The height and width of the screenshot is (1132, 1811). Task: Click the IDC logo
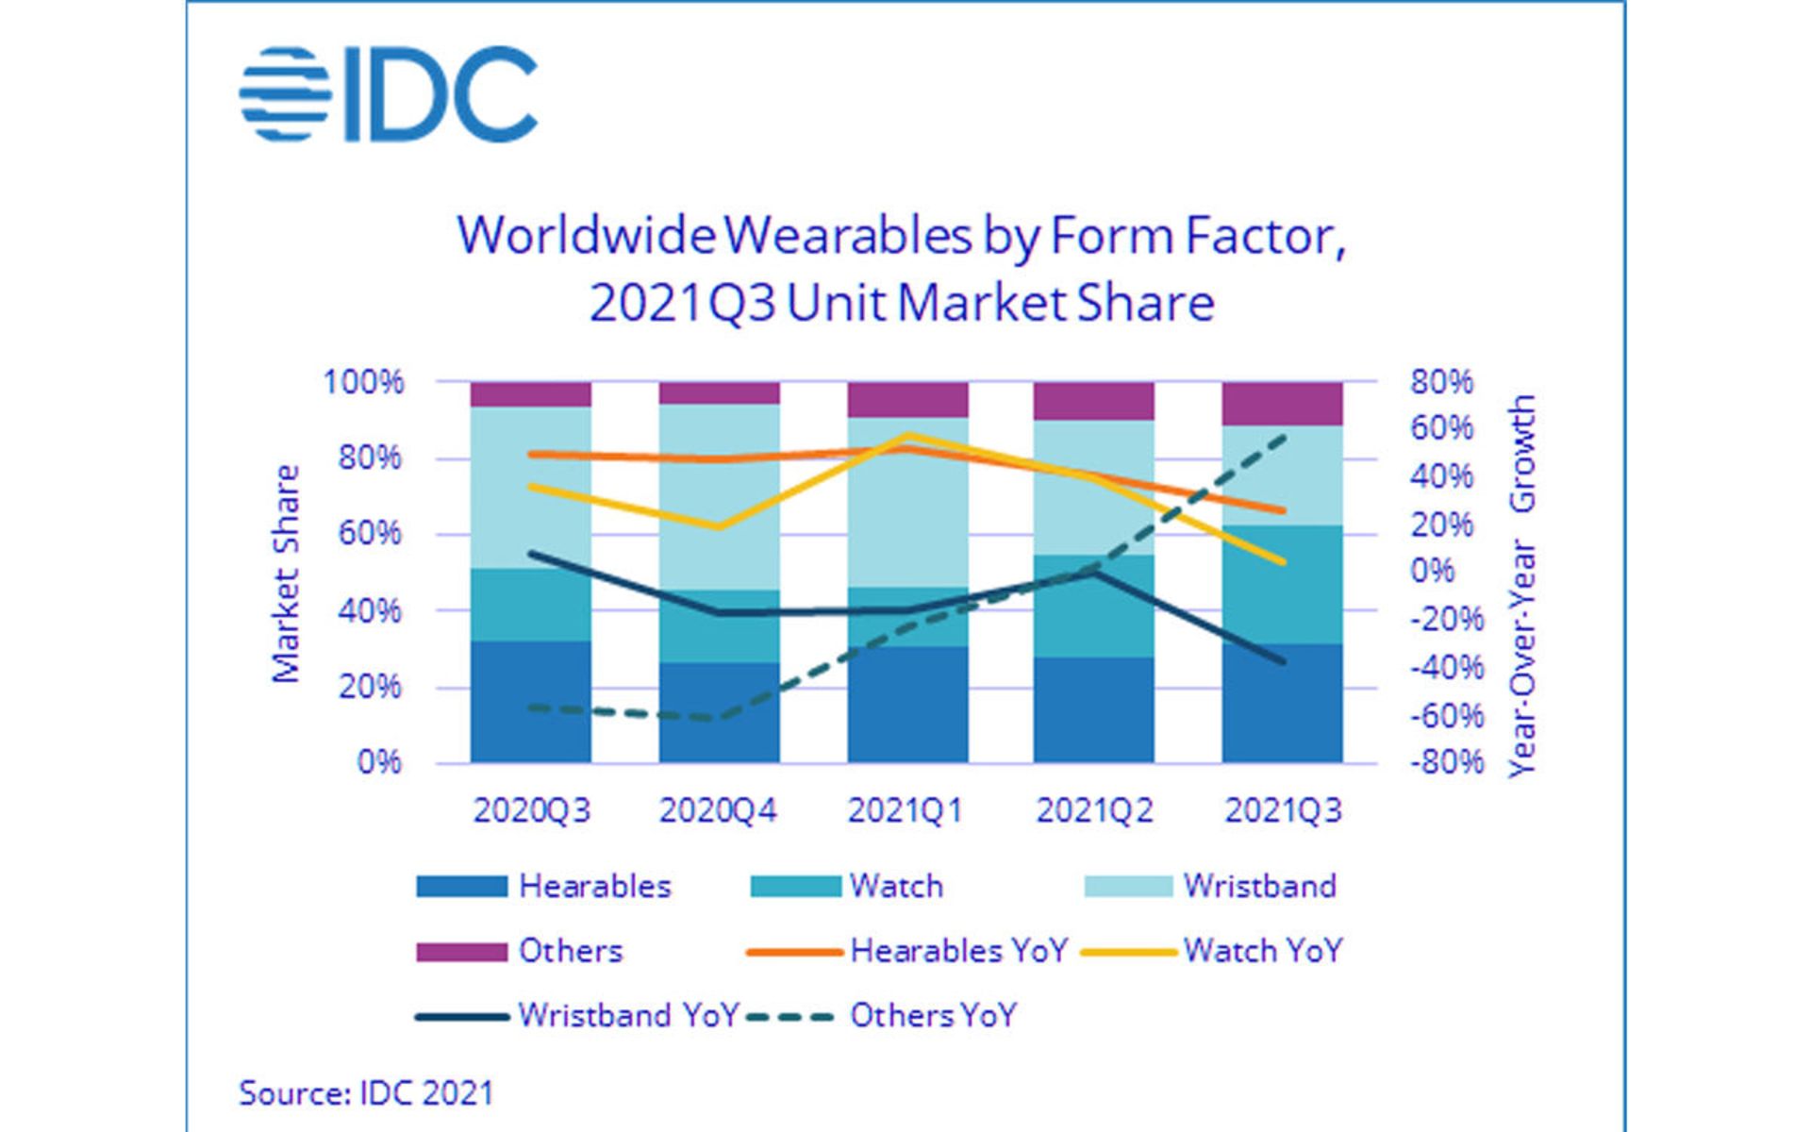[388, 95]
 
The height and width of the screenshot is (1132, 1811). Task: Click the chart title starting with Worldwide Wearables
[902, 269]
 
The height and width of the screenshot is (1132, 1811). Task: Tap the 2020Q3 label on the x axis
[531, 810]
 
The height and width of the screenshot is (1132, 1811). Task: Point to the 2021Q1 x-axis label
[905, 810]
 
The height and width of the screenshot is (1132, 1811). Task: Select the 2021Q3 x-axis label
[1282, 810]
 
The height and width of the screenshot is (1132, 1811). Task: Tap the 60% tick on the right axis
[1441, 429]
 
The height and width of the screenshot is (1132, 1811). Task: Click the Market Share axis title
[285, 574]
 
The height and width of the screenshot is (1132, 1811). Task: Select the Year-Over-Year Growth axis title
[1521, 585]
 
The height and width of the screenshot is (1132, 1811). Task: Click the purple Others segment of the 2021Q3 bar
[1282, 404]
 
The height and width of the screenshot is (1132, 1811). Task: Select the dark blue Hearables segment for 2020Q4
[719, 712]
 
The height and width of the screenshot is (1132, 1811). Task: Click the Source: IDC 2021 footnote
[366, 1093]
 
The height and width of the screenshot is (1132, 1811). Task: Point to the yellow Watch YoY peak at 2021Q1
[907, 436]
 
